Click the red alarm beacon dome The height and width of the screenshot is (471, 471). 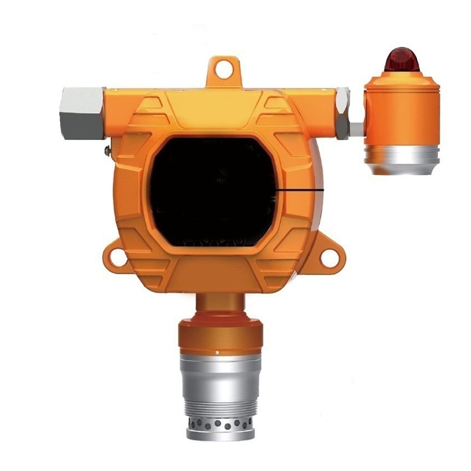point(402,60)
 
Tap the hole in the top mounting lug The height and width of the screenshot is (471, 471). point(224,70)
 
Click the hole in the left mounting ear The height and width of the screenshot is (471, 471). point(119,258)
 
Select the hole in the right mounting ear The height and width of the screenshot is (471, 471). point(329,258)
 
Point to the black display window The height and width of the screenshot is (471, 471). point(213,191)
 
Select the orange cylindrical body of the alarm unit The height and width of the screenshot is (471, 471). point(402,118)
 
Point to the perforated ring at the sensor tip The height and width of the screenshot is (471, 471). point(221,424)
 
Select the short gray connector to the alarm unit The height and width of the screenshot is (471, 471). point(357,129)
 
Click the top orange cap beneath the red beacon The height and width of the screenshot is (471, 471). point(402,79)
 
